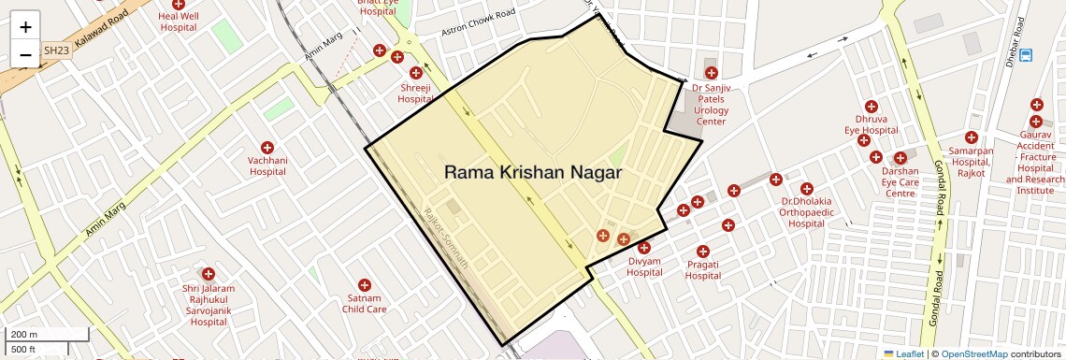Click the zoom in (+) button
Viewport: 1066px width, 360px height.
click(25, 27)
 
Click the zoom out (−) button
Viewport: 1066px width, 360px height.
click(25, 55)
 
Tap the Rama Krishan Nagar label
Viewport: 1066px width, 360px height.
click(532, 173)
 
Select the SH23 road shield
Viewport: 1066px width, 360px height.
click(55, 50)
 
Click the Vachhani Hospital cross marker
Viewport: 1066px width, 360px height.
click(266, 147)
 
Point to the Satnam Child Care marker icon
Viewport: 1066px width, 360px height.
click(365, 284)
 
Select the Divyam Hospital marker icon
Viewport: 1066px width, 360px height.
click(644, 248)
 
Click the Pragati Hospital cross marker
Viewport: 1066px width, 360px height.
click(703, 251)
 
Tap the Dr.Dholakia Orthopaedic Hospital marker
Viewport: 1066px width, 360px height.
click(806, 188)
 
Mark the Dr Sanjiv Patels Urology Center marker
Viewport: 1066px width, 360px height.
click(711, 73)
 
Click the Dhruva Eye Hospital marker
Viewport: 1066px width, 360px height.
click(871, 107)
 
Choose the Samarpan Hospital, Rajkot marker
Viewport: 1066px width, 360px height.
click(972, 137)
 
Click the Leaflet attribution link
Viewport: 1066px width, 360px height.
click(903, 353)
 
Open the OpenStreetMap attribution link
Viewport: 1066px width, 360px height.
click(973, 353)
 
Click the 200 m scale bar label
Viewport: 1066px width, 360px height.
click(24, 335)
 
